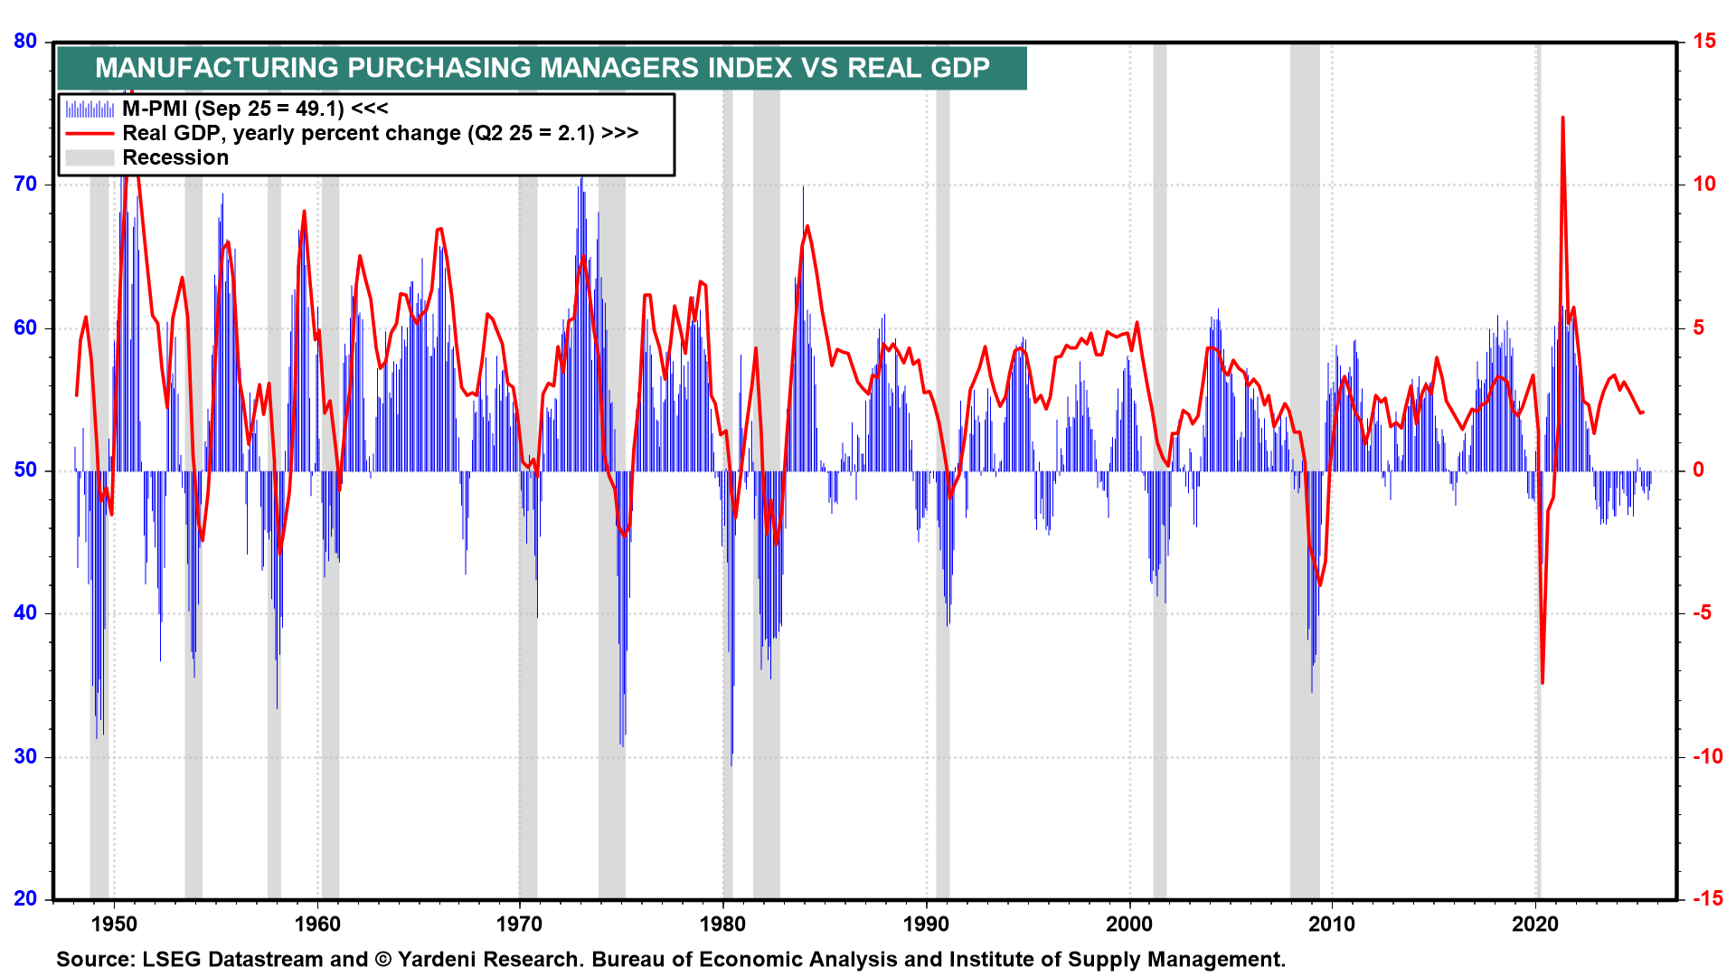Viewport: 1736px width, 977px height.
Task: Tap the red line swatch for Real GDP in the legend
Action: click(x=90, y=133)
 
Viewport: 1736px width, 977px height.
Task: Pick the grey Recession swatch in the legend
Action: click(x=90, y=157)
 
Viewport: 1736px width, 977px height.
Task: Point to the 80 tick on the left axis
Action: click(x=25, y=41)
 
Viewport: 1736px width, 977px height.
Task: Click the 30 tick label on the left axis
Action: click(x=25, y=756)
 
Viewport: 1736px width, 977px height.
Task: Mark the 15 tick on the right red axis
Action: click(x=1704, y=41)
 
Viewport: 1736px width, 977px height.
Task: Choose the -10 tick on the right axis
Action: click(x=1708, y=756)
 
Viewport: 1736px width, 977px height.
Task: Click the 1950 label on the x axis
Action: click(x=114, y=924)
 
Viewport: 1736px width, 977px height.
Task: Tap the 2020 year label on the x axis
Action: click(x=1535, y=924)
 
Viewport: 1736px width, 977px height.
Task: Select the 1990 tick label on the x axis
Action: click(x=927, y=924)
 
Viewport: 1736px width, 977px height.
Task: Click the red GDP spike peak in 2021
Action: click(x=1562, y=118)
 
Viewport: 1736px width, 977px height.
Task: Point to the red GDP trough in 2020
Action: click(x=1543, y=682)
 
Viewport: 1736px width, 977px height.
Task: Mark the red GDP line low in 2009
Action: click(x=1320, y=584)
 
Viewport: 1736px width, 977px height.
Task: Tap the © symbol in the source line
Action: click(x=383, y=959)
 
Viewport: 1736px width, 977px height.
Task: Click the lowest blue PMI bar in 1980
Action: click(x=731, y=764)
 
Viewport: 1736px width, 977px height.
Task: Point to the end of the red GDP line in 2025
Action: click(x=1643, y=413)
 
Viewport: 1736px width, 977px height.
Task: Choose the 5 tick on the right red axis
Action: click(x=1699, y=327)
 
